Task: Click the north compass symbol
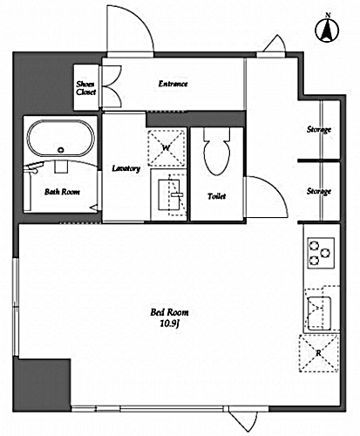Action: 327,29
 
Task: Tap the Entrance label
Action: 173,84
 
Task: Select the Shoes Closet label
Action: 85,88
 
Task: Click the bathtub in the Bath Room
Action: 60,139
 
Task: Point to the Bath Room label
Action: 62,192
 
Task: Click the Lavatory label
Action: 126,168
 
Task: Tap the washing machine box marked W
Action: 166,148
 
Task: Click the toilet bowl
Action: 217,152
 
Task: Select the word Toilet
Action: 217,196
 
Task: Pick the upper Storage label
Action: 319,129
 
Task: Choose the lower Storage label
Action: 319,191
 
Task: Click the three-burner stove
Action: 321,253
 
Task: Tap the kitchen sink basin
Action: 319,313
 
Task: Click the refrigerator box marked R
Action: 319,353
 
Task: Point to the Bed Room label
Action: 169,312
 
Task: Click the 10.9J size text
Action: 169,324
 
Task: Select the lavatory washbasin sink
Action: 168,194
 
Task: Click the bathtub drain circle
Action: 60,150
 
